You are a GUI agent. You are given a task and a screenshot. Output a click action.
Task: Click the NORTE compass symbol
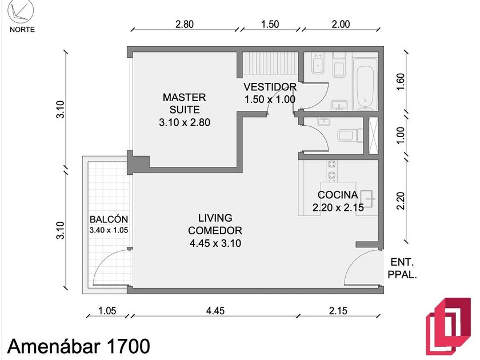tap(21, 11)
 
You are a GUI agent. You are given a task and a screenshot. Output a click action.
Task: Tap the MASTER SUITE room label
tap(184, 103)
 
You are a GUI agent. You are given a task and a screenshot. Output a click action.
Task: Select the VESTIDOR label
tap(270, 87)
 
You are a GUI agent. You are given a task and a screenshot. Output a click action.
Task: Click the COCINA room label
tap(338, 195)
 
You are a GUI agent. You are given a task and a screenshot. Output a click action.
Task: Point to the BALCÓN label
tap(109, 219)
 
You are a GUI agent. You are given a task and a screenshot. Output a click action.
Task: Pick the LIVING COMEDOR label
tap(215, 224)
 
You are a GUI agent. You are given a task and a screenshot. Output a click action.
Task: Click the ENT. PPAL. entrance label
tap(402, 269)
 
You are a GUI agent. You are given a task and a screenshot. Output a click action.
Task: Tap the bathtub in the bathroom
tap(365, 83)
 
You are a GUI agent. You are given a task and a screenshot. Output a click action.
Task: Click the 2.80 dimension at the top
tap(184, 24)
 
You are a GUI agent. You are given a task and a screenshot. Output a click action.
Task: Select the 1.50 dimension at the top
tap(270, 24)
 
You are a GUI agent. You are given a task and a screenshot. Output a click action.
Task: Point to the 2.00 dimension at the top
tap(341, 24)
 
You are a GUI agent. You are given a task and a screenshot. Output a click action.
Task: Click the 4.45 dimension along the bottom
tap(215, 311)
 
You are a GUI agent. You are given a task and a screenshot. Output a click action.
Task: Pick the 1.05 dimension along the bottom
tap(107, 311)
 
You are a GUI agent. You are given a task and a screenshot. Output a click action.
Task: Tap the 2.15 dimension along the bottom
tap(338, 311)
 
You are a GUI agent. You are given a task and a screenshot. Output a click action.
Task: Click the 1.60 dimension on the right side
tap(400, 82)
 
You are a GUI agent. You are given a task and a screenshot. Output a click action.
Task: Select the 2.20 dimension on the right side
tap(400, 201)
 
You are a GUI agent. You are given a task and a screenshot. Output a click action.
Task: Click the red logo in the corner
tap(448, 326)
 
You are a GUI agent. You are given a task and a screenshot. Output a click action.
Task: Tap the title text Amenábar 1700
tap(79, 346)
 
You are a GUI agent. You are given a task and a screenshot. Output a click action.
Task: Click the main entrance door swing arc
tap(355, 259)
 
